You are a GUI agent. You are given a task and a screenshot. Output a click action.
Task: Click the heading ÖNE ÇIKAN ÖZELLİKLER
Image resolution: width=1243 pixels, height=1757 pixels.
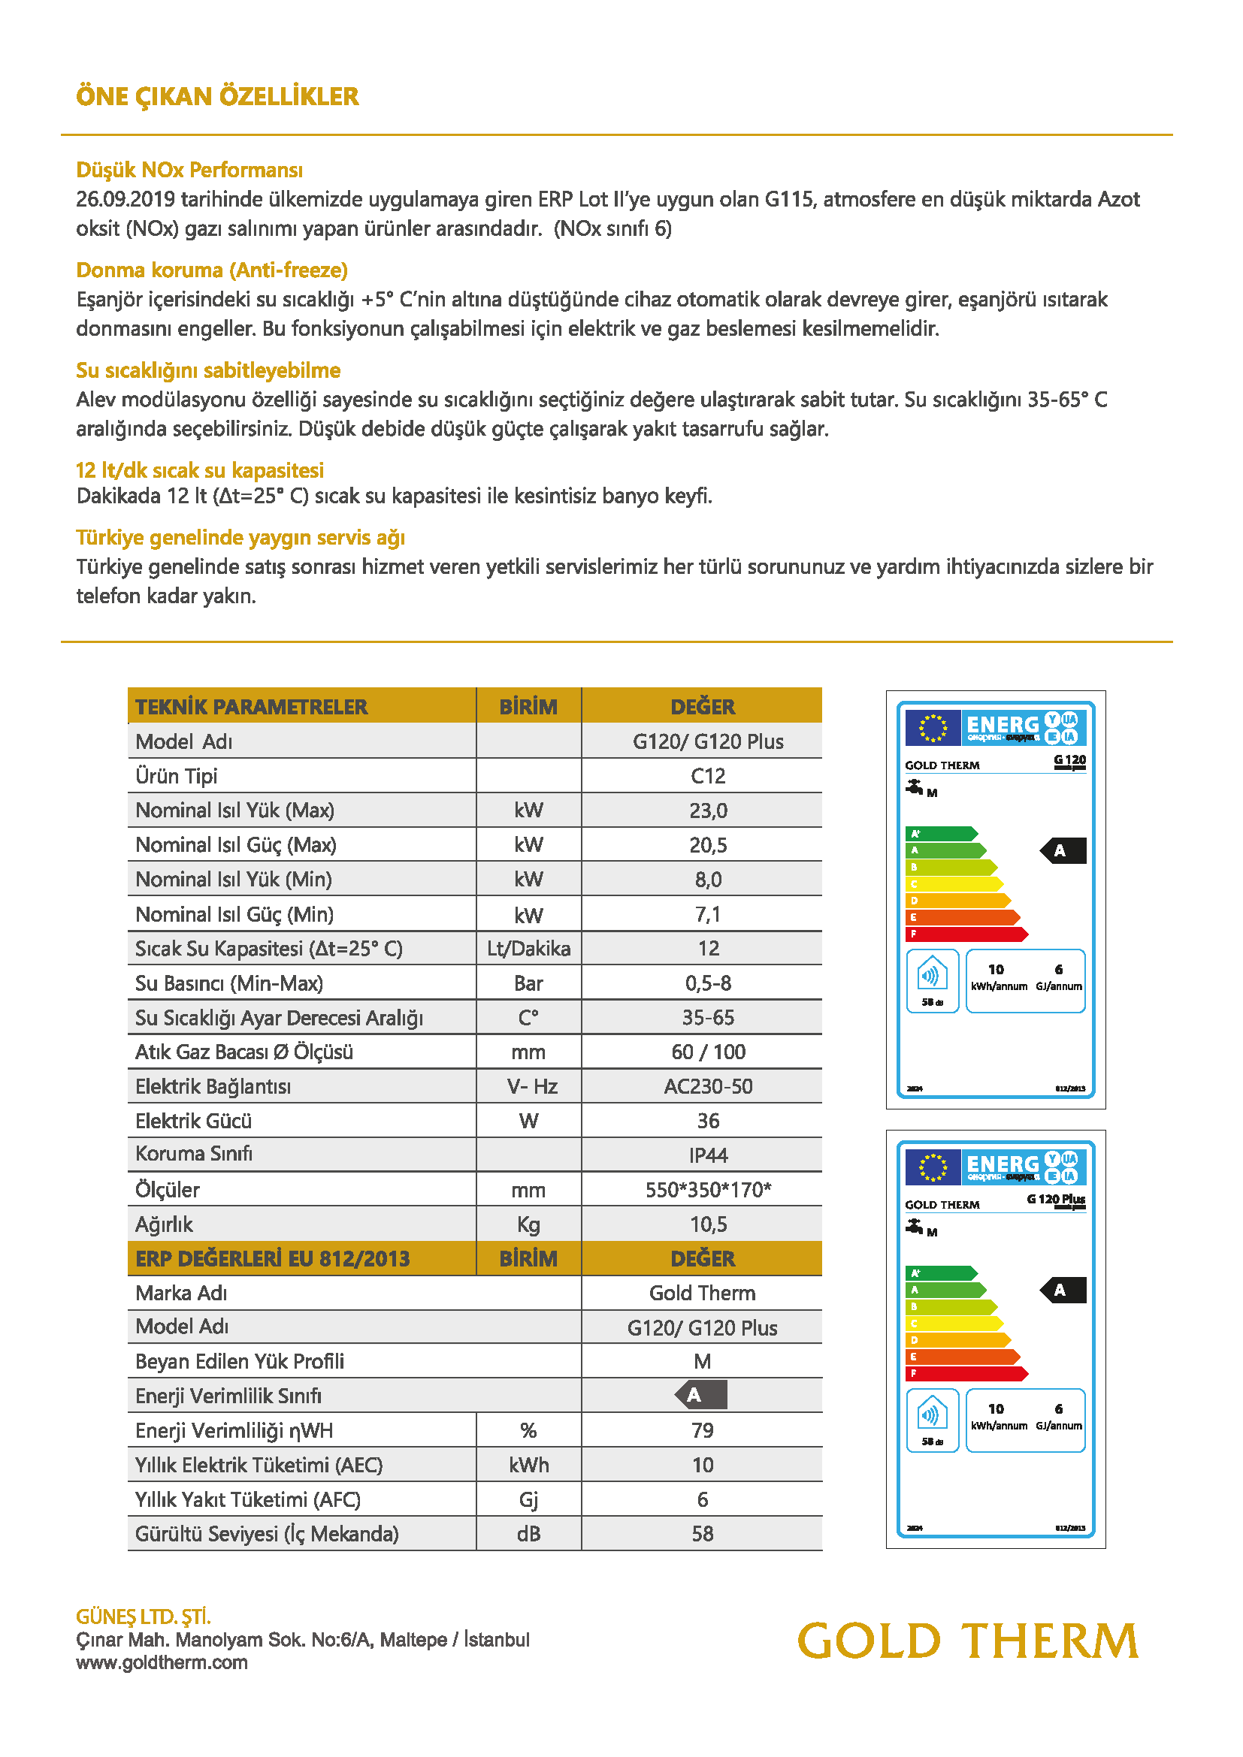pyautogui.click(x=217, y=97)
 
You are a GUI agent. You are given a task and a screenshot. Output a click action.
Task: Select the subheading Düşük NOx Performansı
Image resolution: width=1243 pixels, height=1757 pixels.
pyautogui.click(x=189, y=170)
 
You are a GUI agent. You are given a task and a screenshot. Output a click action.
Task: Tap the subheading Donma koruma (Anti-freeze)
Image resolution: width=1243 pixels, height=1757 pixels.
pyautogui.click(x=212, y=270)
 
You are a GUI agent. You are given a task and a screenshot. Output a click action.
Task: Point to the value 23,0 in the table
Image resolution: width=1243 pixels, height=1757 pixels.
pyautogui.click(x=708, y=811)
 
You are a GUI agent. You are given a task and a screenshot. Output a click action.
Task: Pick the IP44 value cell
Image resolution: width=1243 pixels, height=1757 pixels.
pyautogui.click(x=708, y=1155)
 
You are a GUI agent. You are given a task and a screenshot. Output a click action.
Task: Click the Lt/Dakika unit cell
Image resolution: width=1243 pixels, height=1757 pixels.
pyautogui.click(x=528, y=949)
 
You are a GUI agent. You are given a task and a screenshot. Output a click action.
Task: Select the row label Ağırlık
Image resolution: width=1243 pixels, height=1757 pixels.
pyautogui.click(x=164, y=1224)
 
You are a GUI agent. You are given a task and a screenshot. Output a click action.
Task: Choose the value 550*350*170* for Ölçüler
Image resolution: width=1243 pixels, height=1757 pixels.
pyautogui.click(x=708, y=1190)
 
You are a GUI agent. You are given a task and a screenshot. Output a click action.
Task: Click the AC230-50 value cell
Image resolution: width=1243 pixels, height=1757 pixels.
pyautogui.click(x=708, y=1087)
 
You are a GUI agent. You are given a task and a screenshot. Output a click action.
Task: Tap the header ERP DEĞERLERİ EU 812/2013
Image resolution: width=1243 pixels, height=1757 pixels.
pyautogui.click(x=273, y=1259)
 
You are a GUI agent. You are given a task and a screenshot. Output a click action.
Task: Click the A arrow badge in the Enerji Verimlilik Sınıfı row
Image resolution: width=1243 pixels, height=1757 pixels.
pyautogui.click(x=701, y=1395)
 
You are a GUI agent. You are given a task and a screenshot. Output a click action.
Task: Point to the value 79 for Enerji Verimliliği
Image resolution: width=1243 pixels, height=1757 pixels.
pyautogui.click(x=702, y=1430)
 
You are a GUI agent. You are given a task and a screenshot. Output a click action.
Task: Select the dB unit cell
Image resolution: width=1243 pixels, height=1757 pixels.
pyautogui.click(x=528, y=1534)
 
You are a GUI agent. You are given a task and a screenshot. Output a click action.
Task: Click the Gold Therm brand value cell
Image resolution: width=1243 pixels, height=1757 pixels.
pyautogui.click(x=702, y=1294)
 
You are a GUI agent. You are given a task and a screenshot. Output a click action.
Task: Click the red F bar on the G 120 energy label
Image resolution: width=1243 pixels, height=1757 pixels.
pyautogui.click(x=966, y=934)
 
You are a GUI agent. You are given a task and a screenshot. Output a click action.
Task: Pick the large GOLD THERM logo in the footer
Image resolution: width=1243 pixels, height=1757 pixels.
pyautogui.click(x=968, y=1641)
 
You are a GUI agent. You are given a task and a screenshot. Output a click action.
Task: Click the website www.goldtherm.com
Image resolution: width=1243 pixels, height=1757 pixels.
pyautogui.click(x=162, y=1662)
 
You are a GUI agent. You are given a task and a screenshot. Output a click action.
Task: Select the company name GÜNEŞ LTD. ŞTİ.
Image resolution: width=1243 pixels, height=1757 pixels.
pyautogui.click(x=143, y=1617)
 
